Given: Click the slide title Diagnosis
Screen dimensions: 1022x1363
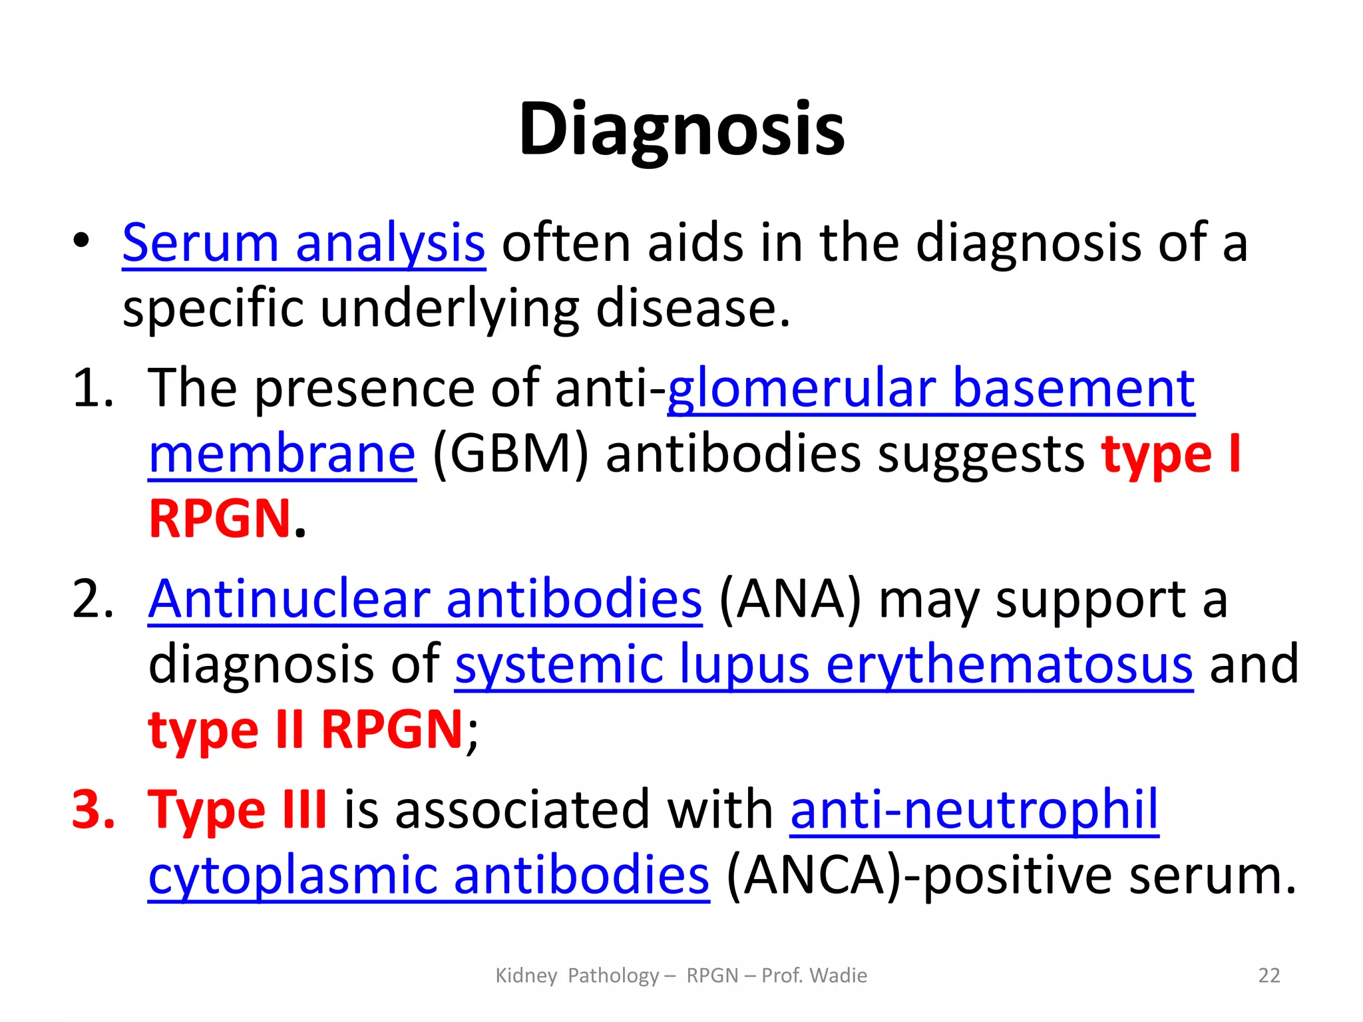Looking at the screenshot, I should [681, 129].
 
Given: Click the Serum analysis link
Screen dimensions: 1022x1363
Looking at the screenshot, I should [303, 244].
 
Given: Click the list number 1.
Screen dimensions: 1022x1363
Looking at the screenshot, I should [93, 388].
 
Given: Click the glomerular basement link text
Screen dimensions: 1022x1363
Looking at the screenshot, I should [930, 388].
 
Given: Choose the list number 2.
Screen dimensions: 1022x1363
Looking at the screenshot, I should [93, 599].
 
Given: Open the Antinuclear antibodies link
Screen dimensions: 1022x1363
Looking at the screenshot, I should [425, 599].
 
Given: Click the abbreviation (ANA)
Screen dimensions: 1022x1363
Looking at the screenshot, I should [790, 599].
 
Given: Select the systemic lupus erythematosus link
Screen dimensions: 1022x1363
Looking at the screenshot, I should [824, 664].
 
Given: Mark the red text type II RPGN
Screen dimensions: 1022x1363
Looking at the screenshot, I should [305, 730].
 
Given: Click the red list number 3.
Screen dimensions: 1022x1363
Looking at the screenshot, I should [93, 810].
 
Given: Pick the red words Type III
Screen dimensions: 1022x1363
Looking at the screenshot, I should [237, 810].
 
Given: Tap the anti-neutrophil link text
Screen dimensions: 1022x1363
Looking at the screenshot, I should [974, 810].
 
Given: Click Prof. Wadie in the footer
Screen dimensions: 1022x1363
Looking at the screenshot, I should [814, 975].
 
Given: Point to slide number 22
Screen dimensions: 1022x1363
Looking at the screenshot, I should [1268, 975].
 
